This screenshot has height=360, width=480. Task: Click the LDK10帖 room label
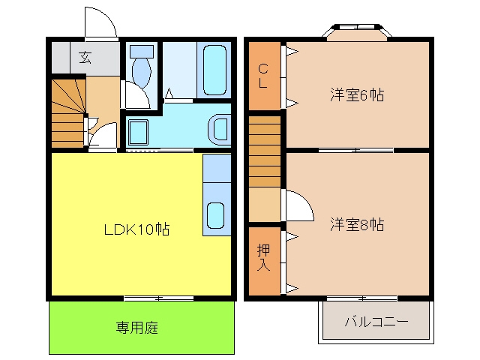tap(136, 229)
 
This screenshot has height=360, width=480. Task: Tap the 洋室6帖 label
tap(357, 95)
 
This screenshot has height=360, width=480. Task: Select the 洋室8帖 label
tap(357, 225)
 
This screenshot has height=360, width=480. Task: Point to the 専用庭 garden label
tap(136, 328)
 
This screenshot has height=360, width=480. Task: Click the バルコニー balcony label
tap(376, 322)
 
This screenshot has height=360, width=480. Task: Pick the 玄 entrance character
tap(85, 57)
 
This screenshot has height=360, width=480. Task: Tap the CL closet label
tap(263, 76)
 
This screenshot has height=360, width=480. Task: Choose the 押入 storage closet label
tap(263, 257)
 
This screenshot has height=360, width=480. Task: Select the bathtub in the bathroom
tap(214, 70)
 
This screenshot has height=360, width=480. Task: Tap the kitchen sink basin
tap(216, 215)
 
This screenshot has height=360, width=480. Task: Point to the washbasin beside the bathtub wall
tap(220, 130)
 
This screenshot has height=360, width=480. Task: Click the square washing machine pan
tap(138, 132)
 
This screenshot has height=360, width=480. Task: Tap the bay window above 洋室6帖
tap(357, 31)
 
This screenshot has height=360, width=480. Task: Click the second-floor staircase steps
tap(265, 151)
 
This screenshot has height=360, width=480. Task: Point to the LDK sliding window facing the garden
tap(159, 298)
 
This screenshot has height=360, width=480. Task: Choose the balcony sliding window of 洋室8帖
tap(362, 298)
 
